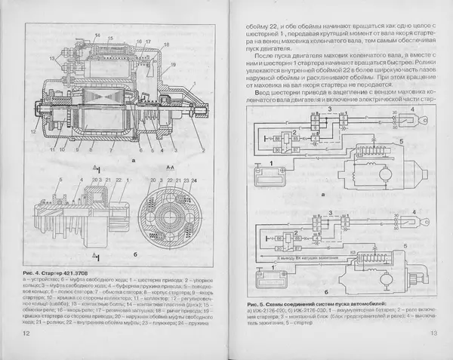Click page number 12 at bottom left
pyautogui.click(x=26, y=333)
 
